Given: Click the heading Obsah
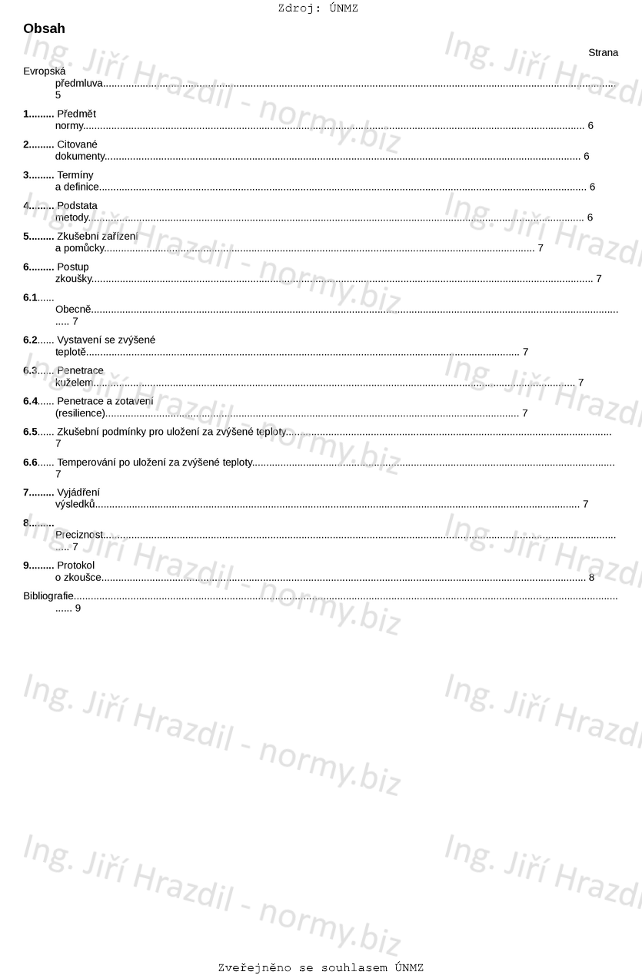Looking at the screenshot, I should [44, 29].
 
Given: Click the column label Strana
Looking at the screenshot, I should [603, 53].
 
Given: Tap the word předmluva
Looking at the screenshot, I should [78, 84].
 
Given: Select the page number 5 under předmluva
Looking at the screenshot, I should [58, 95].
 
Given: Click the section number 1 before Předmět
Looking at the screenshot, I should [26, 114].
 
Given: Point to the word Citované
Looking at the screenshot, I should [77, 144].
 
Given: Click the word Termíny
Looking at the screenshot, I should [75, 175].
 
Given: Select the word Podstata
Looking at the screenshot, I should [77, 206].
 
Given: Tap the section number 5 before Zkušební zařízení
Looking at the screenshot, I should [26, 237].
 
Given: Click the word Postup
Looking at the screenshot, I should [72, 267].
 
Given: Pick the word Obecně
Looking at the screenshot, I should [73, 310].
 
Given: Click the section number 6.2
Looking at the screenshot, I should [30, 340].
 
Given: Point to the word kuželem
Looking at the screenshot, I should [74, 383].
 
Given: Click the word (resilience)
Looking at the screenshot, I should [80, 413].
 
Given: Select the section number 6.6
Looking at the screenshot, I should [30, 463].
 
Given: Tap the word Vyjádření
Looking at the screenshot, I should [78, 492].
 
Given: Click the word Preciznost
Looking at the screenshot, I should [78, 535].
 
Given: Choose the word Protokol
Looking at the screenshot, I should [75, 565].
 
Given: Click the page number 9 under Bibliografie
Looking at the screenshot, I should [78, 608].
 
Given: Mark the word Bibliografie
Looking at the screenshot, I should [48, 596].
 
